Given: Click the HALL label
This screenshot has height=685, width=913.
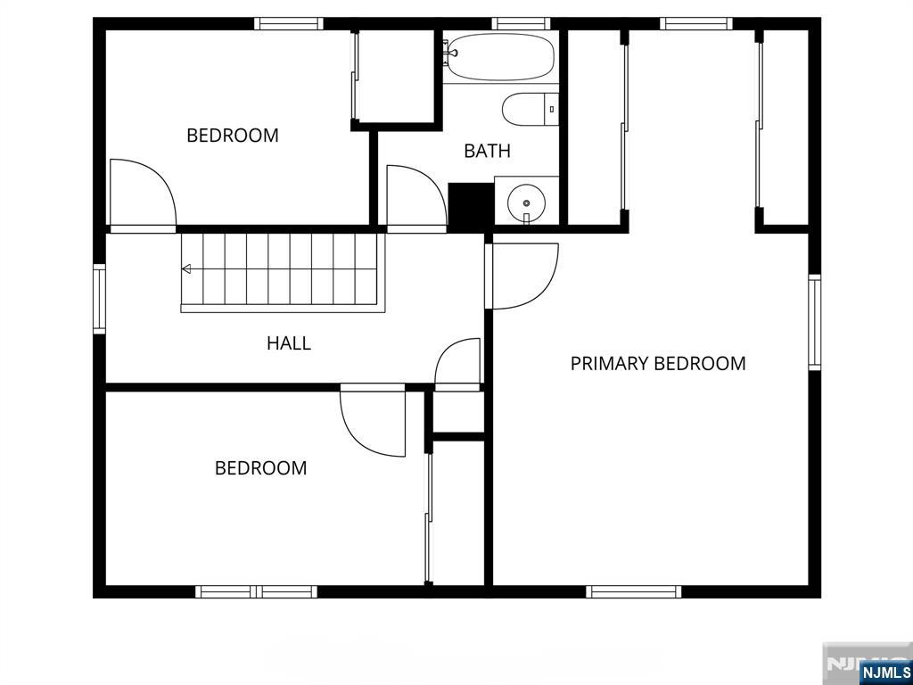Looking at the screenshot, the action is tap(289, 343).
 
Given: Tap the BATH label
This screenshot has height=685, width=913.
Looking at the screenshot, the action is tap(488, 151).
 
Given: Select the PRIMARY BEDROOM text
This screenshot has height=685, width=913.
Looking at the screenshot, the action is tap(658, 364).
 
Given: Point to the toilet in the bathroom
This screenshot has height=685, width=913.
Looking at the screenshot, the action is tap(530, 109).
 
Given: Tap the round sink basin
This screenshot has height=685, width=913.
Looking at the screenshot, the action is tap(526, 202).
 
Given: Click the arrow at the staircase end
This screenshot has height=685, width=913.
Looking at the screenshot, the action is tap(186, 268).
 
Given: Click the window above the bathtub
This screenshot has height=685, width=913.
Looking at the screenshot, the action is tap(521, 24).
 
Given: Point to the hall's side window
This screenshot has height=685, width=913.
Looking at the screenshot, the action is tap(100, 299).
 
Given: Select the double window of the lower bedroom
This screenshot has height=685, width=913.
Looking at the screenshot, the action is tap(256, 592).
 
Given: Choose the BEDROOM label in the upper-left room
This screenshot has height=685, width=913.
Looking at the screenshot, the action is tap(233, 136).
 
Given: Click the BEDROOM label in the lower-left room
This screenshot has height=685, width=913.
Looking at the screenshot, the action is tap(260, 468).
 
